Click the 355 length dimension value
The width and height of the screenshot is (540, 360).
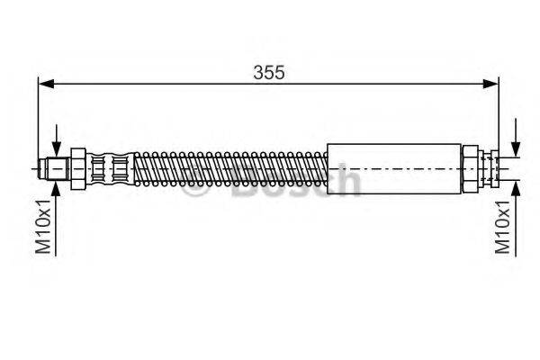268,73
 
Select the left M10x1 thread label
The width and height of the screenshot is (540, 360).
42,229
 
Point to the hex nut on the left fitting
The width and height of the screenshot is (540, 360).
79,167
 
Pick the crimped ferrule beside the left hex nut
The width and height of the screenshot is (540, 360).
110,167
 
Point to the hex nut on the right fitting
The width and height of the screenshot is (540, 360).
470,167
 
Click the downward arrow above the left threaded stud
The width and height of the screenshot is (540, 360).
57,148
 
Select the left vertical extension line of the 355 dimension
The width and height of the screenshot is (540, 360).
38,117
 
